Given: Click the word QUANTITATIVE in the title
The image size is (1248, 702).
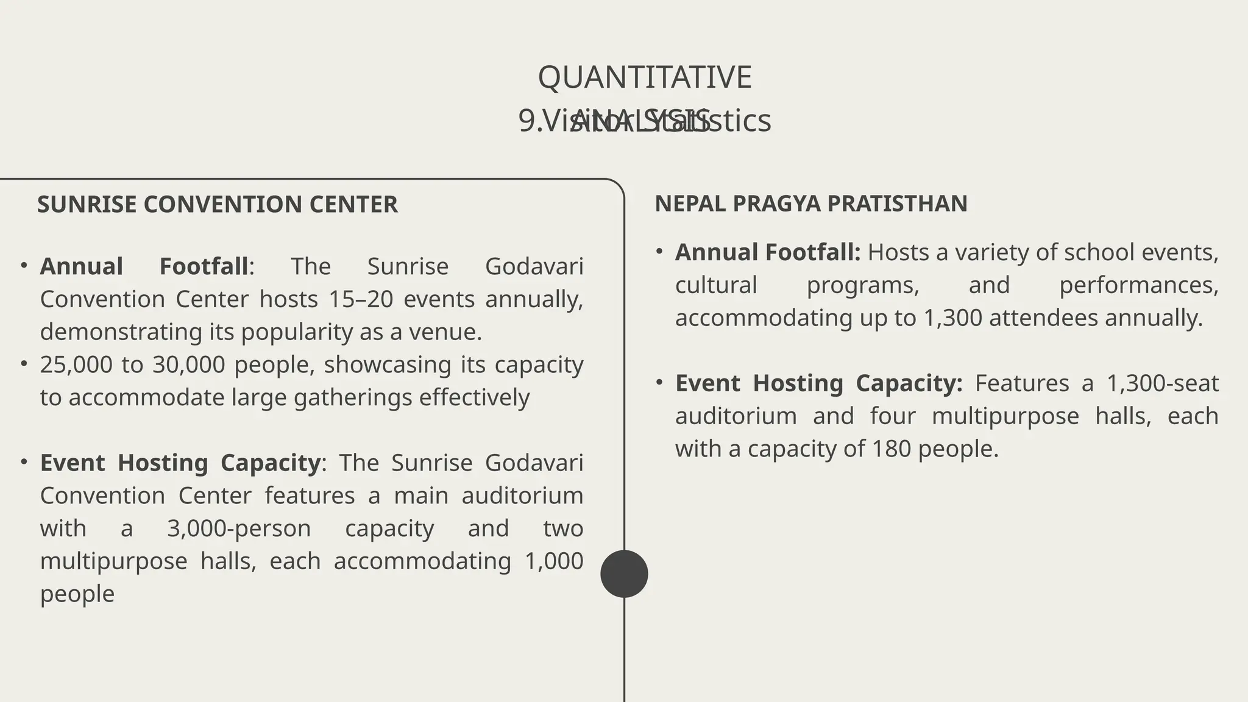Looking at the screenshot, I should point(645,77).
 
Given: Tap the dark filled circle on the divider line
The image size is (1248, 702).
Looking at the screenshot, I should point(624,573).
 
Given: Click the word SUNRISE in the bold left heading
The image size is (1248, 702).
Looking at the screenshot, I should point(87,205).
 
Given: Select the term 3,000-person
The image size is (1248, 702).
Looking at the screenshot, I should point(239,528).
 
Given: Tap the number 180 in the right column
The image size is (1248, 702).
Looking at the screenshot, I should point(892,449).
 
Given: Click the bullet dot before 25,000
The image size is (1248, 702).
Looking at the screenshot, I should point(24,364).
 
